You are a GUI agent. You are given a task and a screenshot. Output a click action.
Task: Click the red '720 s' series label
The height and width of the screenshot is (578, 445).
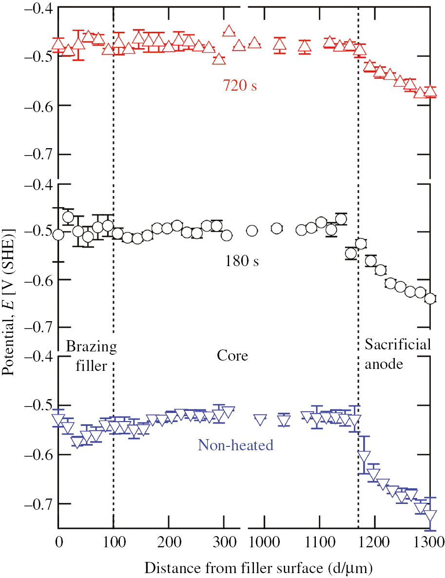[x=240, y=86]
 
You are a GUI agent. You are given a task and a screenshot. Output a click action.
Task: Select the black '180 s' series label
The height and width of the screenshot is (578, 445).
[x=242, y=261]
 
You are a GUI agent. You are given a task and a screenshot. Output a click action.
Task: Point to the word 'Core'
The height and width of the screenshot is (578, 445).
[x=232, y=356]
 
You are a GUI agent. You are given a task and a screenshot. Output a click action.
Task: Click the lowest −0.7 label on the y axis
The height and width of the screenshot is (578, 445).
[x=37, y=503]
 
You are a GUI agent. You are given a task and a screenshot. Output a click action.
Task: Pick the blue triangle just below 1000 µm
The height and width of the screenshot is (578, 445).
[x=260, y=419]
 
